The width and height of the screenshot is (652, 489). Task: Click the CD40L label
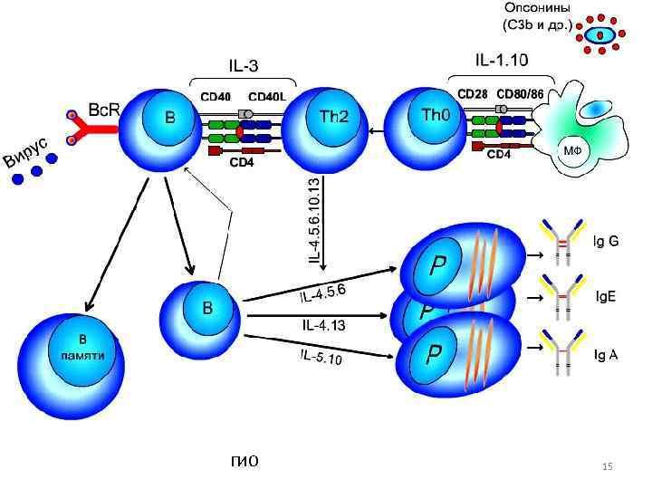[266, 96]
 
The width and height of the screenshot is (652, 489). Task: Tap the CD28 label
[473, 94]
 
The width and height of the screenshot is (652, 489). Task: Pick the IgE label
[605, 296]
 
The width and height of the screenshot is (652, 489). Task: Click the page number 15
[608, 466]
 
